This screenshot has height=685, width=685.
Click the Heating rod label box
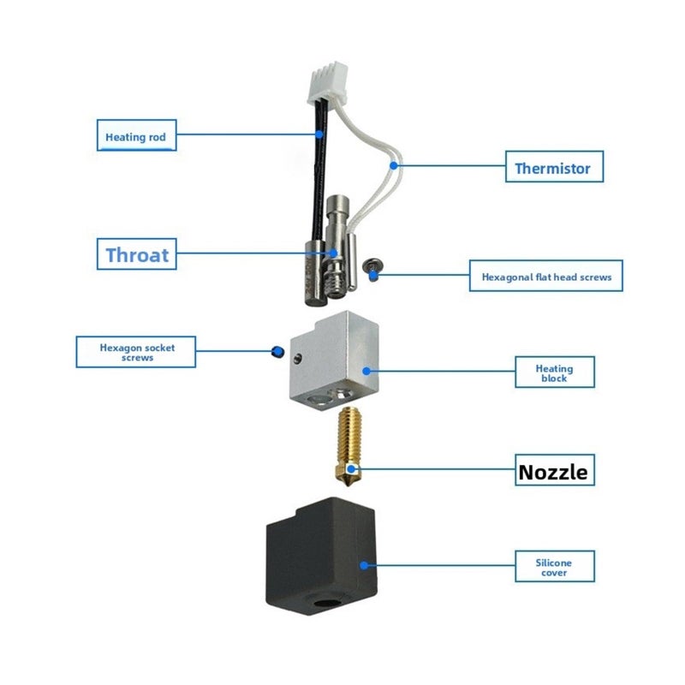tap(136, 135)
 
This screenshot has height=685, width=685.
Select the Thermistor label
tap(554, 166)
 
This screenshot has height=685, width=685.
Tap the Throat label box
tap(136, 253)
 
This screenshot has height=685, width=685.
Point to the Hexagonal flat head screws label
tap(545, 276)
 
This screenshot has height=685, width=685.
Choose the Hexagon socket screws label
tap(136, 352)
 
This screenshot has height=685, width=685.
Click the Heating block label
tap(554, 372)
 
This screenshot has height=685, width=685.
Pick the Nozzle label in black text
tap(554, 470)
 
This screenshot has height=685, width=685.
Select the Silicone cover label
tap(554, 566)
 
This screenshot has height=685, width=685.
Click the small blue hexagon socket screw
tap(277, 351)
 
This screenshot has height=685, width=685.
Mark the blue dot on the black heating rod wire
tap(319, 134)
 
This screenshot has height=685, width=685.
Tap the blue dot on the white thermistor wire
tap(394, 165)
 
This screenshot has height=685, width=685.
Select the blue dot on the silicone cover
tap(363, 565)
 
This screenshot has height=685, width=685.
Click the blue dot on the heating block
tap(366, 371)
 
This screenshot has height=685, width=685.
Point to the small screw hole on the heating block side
tap(298, 359)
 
